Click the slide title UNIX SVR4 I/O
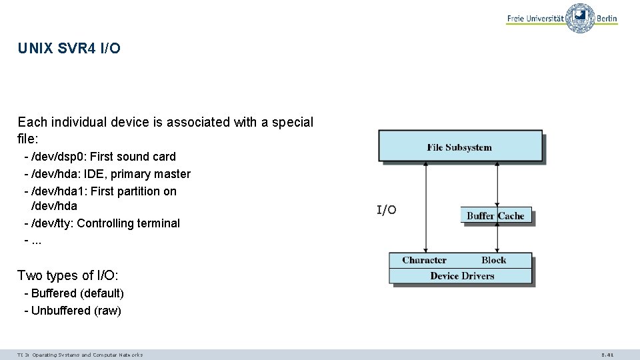69,49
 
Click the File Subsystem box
460,147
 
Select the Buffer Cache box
495,216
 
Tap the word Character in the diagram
424,260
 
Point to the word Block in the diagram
493,260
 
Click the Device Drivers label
462,276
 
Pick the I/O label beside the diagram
387,211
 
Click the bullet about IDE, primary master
107,174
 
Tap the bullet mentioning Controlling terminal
101,223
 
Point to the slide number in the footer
607,355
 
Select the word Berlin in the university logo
607,19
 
